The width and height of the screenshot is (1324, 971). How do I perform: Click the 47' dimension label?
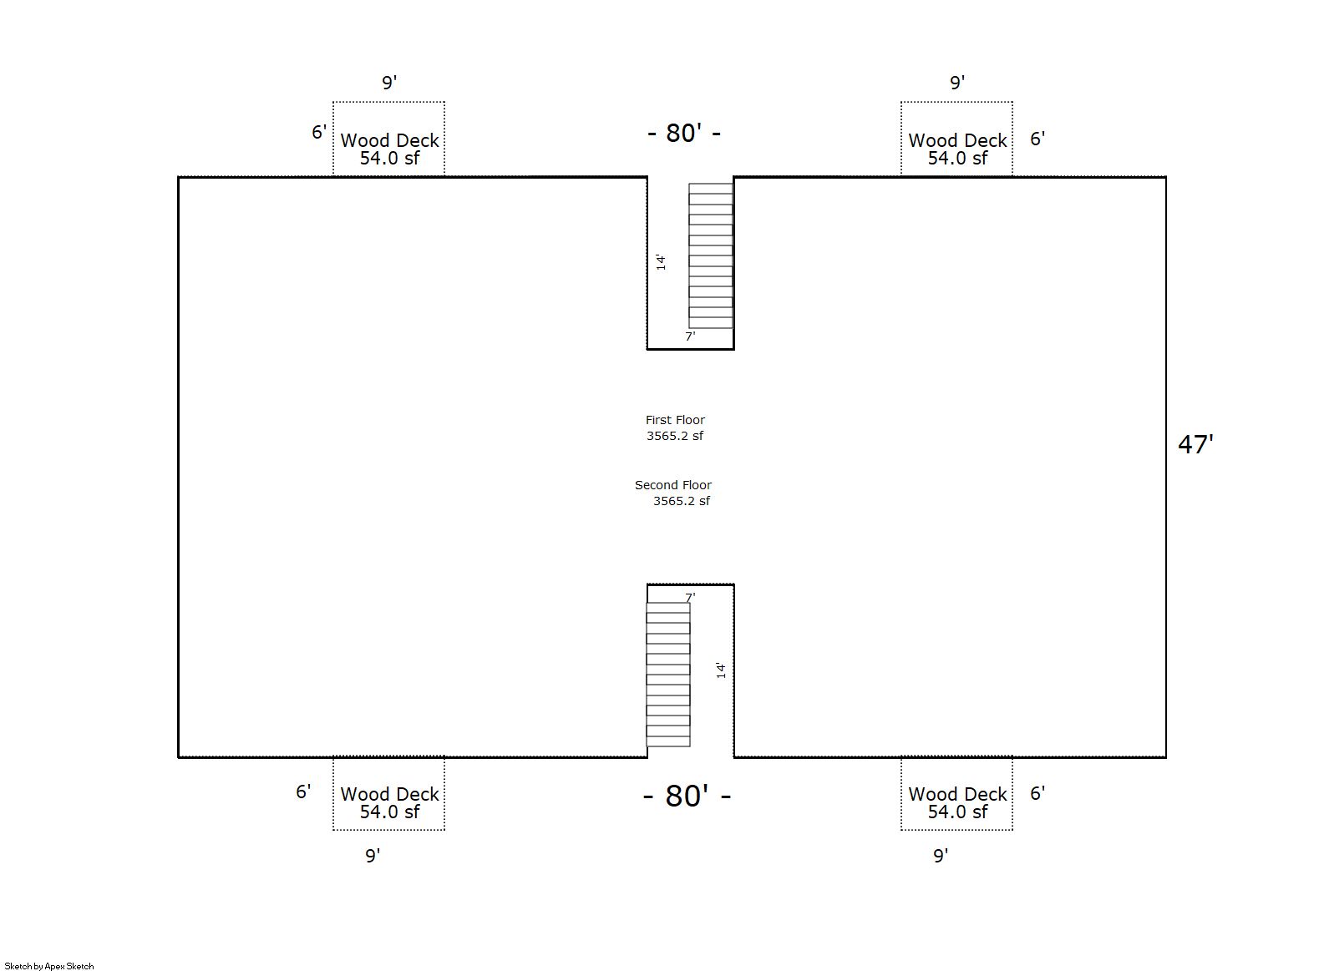click(x=1195, y=444)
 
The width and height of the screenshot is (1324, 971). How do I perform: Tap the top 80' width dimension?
click(x=684, y=133)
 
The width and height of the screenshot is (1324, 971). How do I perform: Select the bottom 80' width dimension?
click(x=687, y=796)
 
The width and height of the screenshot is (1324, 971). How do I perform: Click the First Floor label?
click(x=675, y=420)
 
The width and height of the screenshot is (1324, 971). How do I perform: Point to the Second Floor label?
click(x=673, y=485)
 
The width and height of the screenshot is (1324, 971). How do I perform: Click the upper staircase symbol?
click(x=711, y=255)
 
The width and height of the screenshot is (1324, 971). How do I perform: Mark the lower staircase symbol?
click(x=668, y=674)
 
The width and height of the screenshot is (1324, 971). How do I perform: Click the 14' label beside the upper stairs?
click(x=661, y=262)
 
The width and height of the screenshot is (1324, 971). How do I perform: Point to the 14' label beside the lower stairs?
click(x=721, y=670)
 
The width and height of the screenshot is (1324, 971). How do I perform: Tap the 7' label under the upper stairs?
click(x=690, y=336)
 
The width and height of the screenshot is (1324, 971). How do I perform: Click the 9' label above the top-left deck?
click(x=389, y=83)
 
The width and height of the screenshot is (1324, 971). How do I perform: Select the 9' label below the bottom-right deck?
click(x=941, y=855)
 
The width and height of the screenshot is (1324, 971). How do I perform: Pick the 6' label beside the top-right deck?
click(x=1037, y=139)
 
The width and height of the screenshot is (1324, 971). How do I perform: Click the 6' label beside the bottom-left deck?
click(x=303, y=791)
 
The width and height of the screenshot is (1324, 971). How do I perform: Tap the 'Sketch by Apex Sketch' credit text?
click(x=49, y=966)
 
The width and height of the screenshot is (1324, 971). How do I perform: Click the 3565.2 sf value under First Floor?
click(x=675, y=436)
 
